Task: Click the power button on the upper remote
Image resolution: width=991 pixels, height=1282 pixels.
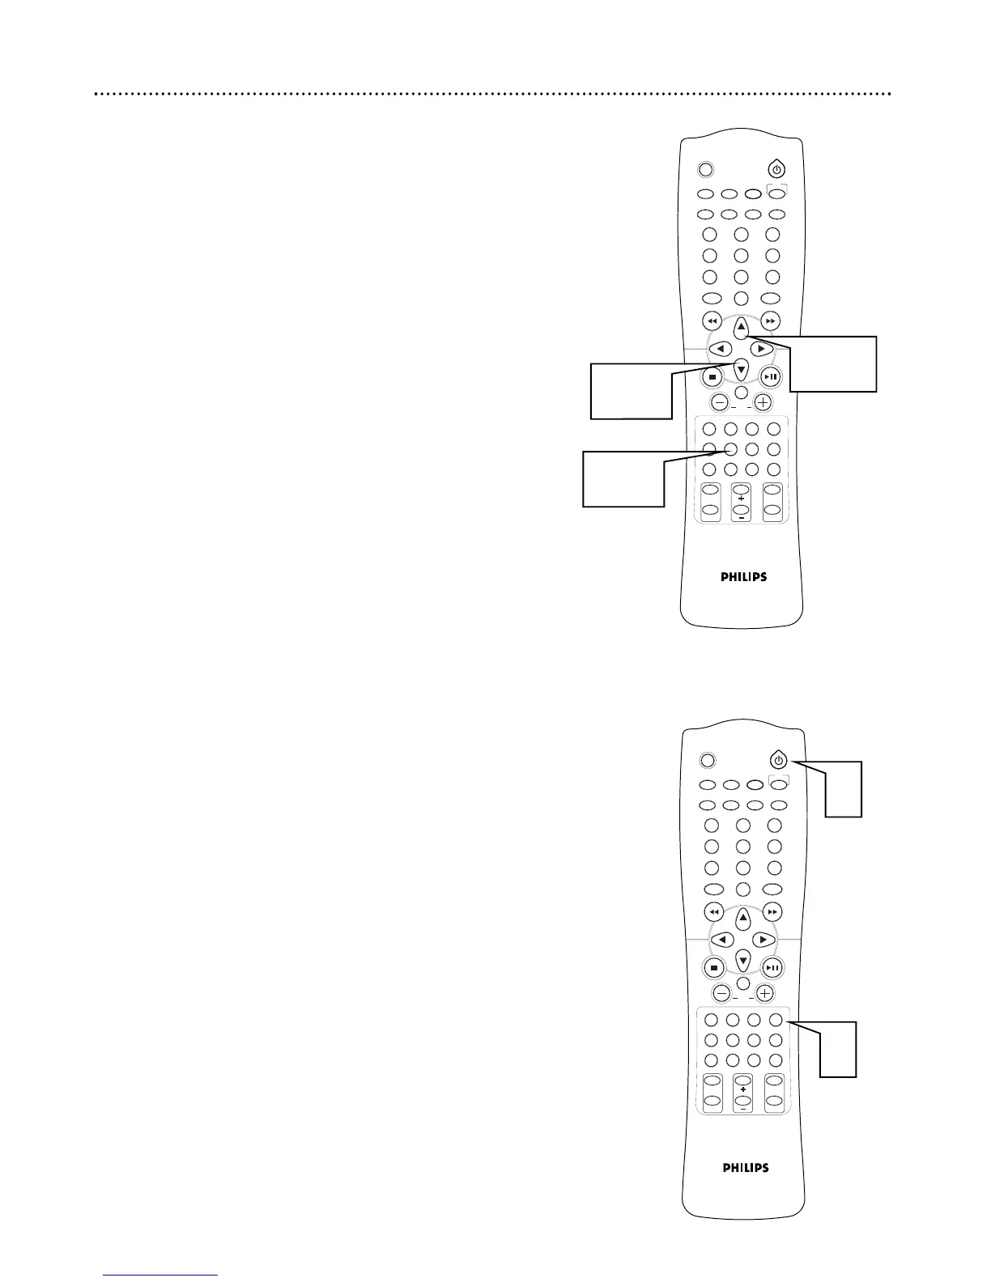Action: (776, 170)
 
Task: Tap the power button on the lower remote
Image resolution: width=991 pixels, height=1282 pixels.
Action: (778, 761)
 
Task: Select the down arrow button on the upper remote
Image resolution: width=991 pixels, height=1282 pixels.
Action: (741, 371)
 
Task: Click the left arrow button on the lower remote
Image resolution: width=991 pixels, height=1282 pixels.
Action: (722, 940)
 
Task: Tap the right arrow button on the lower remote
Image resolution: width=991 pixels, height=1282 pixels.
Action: (763, 940)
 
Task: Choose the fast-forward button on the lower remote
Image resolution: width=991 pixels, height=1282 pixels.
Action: (773, 911)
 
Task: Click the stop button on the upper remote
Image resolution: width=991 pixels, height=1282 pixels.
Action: (712, 376)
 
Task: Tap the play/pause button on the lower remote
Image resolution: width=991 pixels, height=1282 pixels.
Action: (773, 967)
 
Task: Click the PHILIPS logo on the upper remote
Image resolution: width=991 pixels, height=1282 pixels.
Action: (743, 577)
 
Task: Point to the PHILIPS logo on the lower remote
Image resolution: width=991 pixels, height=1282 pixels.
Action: (745, 1168)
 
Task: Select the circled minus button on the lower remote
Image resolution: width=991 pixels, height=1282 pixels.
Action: (721, 993)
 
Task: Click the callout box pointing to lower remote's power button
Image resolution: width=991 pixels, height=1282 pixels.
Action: (844, 789)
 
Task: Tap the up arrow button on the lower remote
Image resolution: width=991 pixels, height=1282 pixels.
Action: (743, 918)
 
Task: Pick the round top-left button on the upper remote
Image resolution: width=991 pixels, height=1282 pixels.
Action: (705, 170)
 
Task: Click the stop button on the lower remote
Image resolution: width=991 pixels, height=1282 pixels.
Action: (714, 967)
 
